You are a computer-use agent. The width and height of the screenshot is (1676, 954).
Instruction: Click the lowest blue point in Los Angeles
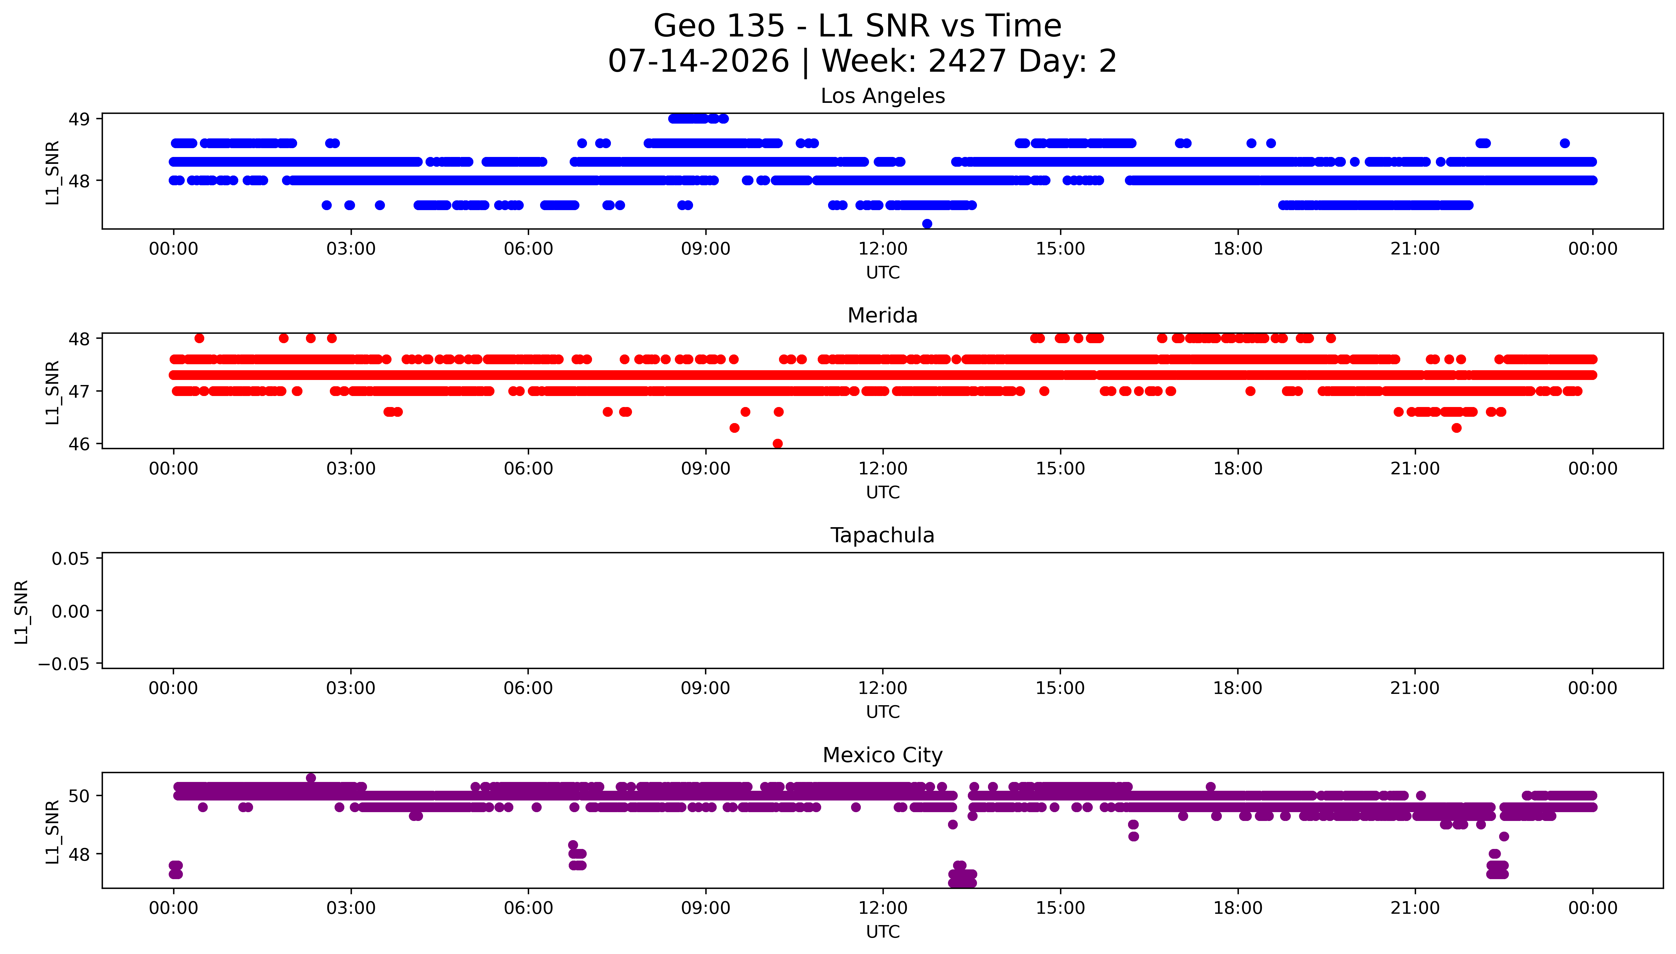pyautogui.click(x=927, y=224)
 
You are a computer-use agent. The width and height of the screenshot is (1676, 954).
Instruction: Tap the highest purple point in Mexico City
pyautogui.click(x=311, y=778)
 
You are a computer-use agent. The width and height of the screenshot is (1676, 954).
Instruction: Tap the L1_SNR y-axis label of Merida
pyautogui.click(x=53, y=392)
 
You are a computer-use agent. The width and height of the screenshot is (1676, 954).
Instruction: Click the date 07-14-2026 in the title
pyautogui.click(x=699, y=61)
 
